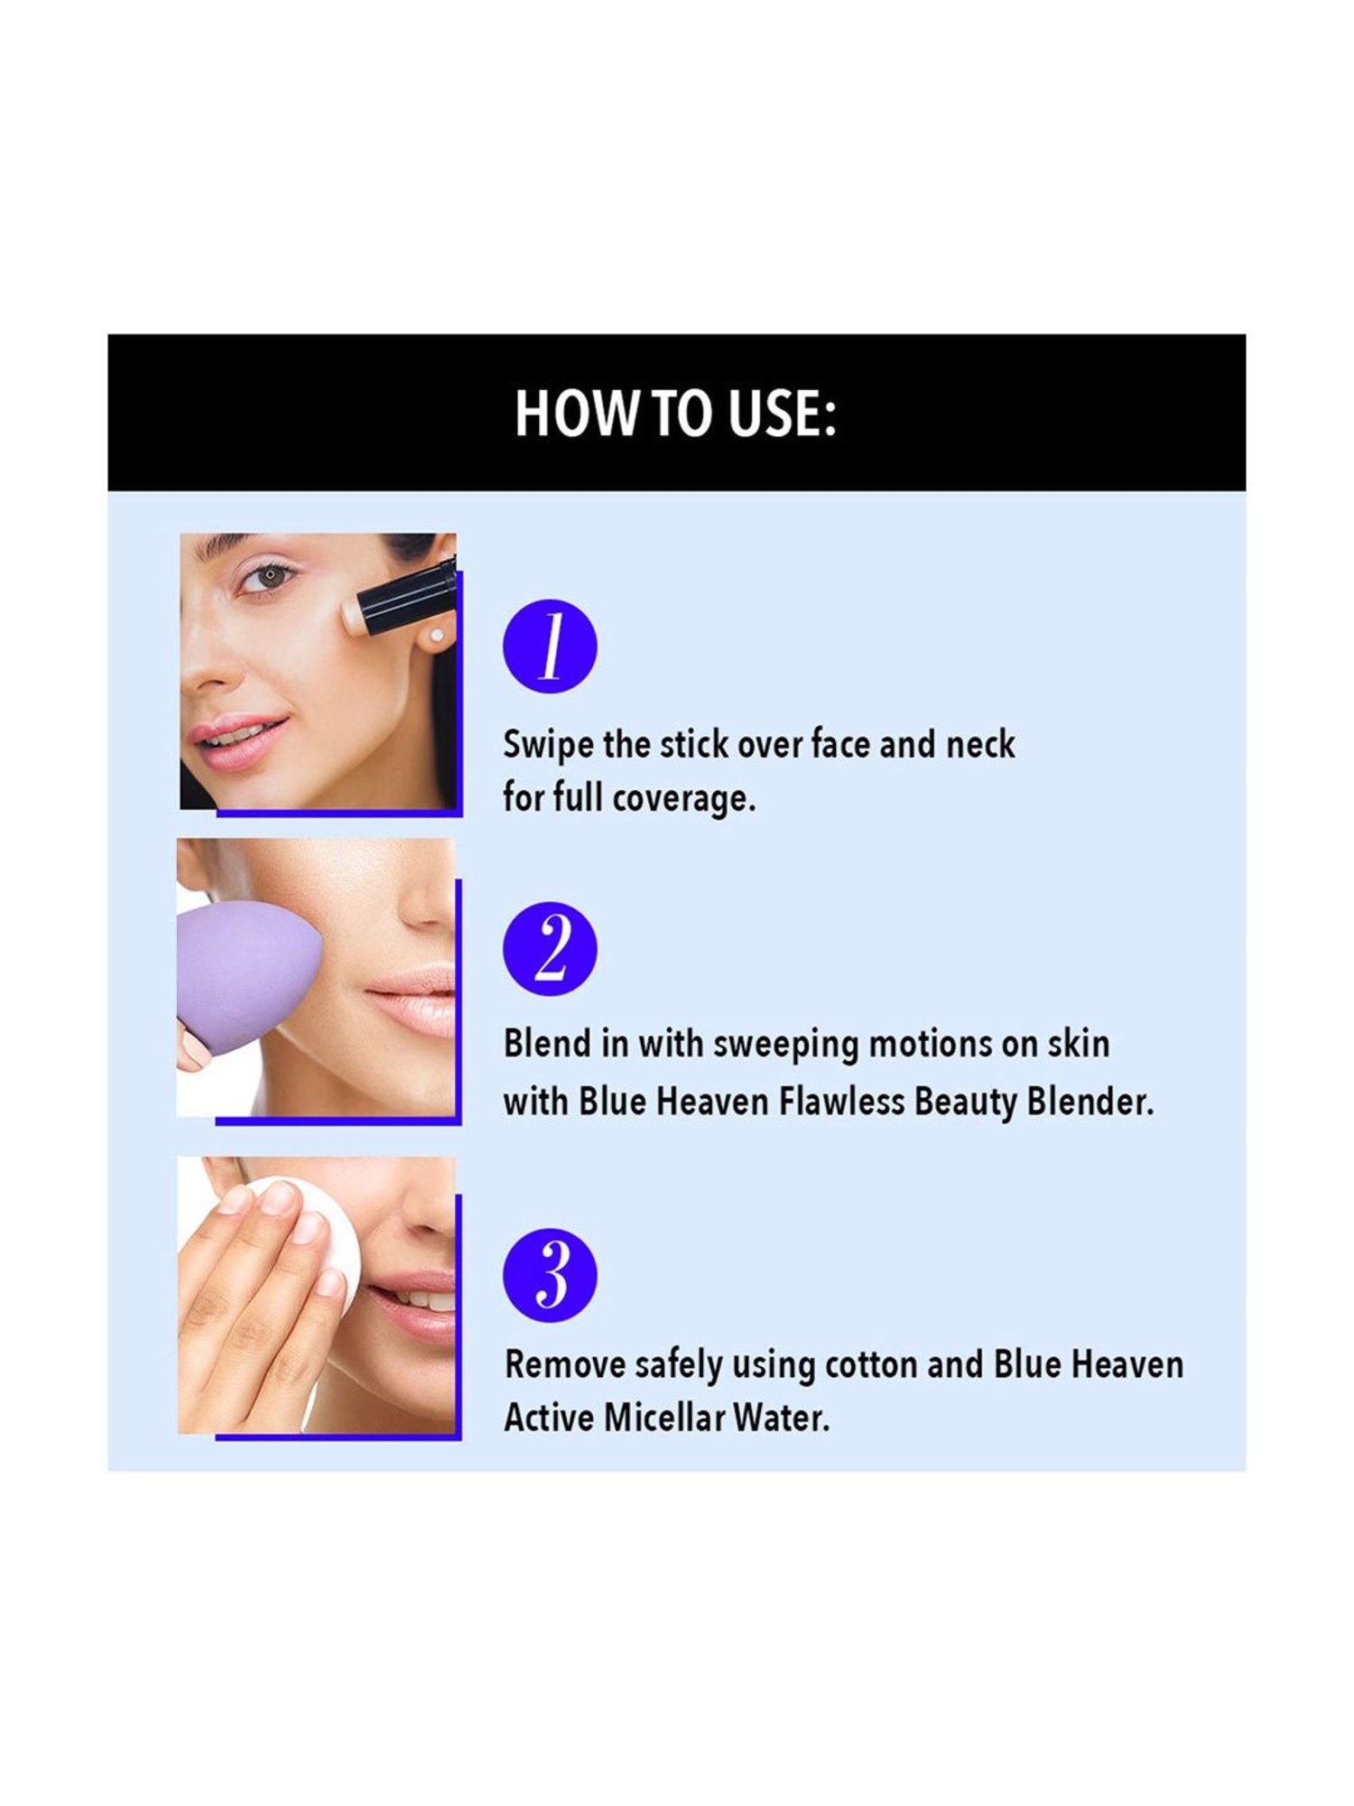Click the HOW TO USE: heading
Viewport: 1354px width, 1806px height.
(x=675, y=414)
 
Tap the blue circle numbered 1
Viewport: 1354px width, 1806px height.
(x=550, y=646)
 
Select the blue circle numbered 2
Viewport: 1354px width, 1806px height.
(x=550, y=948)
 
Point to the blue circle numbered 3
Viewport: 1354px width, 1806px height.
(x=550, y=1274)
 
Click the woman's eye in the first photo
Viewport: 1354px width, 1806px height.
(x=268, y=575)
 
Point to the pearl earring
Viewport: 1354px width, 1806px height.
(x=437, y=636)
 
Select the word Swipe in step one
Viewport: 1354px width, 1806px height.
(x=548, y=745)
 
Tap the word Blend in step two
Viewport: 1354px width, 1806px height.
(x=547, y=1044)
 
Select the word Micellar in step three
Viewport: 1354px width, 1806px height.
(x=663, y=1418)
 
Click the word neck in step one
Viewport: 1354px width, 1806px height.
(x=980, y=745)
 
